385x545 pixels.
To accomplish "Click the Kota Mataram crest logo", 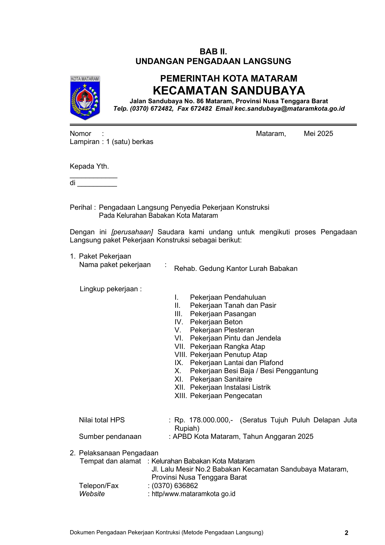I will click(x=85, y=98).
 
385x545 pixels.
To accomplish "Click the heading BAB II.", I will click(x=213, y=52).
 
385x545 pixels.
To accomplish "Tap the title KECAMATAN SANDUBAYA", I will click(x=229, y=90).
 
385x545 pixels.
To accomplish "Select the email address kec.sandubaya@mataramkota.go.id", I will click(x=290, y=109).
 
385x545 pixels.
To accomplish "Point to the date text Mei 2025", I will click(x=318, y=134).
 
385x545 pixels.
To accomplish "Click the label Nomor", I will click(x=80, y=134).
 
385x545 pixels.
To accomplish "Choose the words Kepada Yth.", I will click(x=89, y=166).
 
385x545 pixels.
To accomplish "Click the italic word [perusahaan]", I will click(x=132, y=232).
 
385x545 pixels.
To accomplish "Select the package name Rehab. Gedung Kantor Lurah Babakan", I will click(x=236, y=269).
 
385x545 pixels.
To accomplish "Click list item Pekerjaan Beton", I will click(x=216, y=322).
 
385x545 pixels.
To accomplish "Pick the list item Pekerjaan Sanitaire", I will click(x=221, y=379).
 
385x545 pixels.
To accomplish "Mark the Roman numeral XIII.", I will click(x=180, y=396).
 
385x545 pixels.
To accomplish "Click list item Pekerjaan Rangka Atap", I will click(x=227, y=347).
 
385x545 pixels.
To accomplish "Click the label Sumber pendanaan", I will click(x=110, y=437).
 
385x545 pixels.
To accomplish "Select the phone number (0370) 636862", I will click(x=175, y=486).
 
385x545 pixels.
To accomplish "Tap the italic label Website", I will click(x=92, y=494).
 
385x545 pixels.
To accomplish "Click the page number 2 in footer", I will click(x=346, y=533).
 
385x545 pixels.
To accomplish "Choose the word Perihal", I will click(x=81, y=207).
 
